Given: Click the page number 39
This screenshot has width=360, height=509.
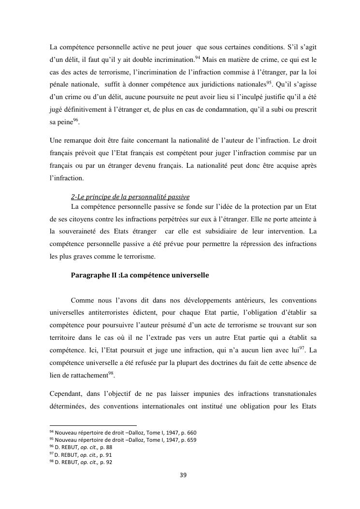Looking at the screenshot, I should (x=183, y=475).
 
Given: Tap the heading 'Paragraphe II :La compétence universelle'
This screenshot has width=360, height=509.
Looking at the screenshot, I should (x=140, y=275).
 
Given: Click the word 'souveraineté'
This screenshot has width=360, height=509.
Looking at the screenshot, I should (x=81, y=231).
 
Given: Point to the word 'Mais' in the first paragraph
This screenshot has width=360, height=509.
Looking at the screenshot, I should (x=210, y=59).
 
